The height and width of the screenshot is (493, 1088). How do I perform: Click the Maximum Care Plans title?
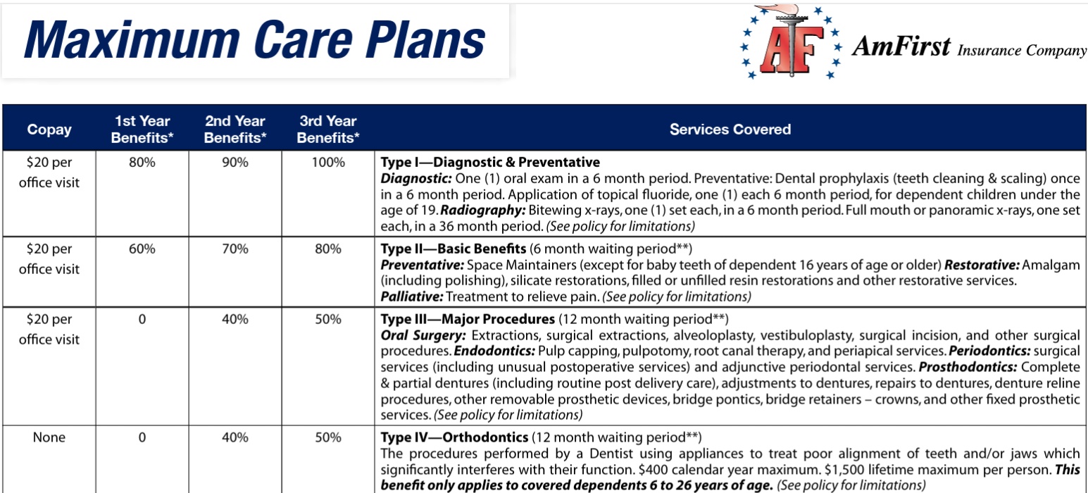click(x=254, y=40)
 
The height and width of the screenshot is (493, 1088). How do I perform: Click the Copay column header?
click(x=49, y=130)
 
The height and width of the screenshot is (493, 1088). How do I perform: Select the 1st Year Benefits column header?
click(x=142, y=130)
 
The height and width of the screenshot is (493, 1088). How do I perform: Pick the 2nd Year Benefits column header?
click(x=235, y=130)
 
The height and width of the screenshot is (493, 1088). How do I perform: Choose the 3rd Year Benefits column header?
click(x=328, y=130)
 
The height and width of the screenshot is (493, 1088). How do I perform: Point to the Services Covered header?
click(x=730, y=130)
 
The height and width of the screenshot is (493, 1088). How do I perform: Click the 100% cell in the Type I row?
click(x=328, y=163)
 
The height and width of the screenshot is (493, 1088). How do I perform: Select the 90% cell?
click(x=235, y=163)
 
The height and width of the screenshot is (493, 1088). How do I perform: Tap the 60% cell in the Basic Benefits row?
click(x=142, y=249)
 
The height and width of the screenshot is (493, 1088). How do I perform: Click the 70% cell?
click(x=235, y=249)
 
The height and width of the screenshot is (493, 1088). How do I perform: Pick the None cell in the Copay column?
click(x=49, y=437)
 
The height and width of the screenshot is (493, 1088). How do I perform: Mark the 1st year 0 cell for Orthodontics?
click(x=142, y=437)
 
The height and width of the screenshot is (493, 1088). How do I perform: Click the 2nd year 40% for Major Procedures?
click(x=235, y=319)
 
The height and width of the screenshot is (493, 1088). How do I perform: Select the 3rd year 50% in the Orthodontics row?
click(x=328, y=437)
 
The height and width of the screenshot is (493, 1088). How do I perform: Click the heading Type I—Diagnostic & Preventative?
click(x=490, y=163)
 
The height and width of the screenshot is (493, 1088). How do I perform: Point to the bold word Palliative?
click(x=411, y=297)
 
